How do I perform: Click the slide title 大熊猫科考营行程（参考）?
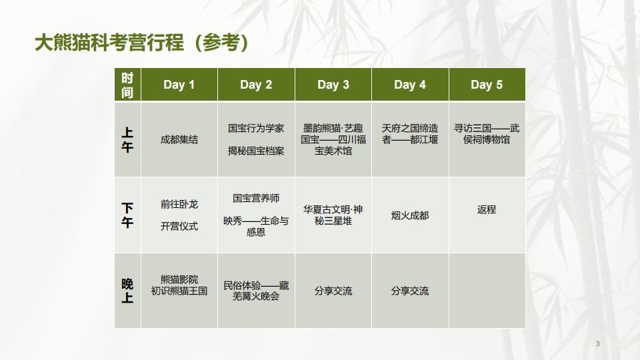coord(143,43)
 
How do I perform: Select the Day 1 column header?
coord(179,85)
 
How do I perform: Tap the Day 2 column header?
coord(256,85)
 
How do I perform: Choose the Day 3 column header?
coord(333,85)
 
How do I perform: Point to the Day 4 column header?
coord(410,85)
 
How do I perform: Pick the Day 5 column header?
coord(487,85)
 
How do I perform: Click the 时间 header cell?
coord(127,85)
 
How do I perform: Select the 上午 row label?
coord(127,140)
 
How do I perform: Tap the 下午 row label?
coord(127,215)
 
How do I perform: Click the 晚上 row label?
coord(127,291)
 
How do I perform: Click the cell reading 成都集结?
coord(179,140)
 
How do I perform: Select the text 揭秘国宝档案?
coord(256,151)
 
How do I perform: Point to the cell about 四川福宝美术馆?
coord(333,139)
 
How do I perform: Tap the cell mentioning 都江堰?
coord(410,134)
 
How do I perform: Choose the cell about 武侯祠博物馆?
coord(487,134)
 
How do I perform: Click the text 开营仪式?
coord(179,226)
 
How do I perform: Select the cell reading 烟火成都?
coord(410,215)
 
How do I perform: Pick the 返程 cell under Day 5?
coord(487,209)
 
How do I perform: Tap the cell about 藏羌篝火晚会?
coord(256,291)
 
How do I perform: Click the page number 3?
coord(597,343)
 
